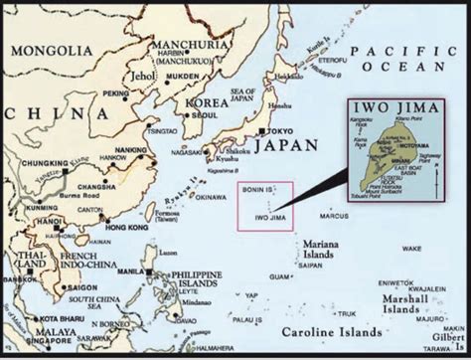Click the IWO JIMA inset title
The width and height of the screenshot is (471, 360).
click(392, 107)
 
